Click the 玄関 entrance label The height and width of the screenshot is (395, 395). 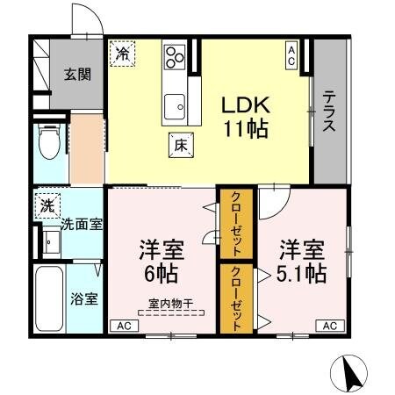click(x=77, y=75)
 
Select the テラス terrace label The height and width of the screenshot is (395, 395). click(x=329, y=111)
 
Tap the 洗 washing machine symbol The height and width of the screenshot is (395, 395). click(x=46, y=206)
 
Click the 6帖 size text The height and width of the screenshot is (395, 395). click(x=158, y=272)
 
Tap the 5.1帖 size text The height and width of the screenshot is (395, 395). click(x=304, y=272)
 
